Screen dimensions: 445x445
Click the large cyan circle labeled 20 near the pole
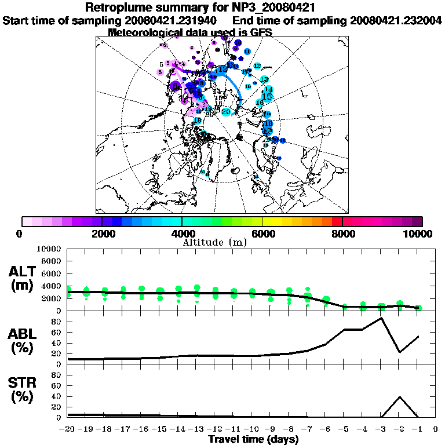227,111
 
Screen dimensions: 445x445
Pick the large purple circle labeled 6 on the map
176,85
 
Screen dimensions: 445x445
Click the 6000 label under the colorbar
262,234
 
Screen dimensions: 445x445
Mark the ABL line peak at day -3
381,318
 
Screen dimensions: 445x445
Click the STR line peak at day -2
400,397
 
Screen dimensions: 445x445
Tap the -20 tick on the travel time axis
68,429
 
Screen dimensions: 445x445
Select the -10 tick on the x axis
251,429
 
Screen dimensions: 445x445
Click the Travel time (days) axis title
253,440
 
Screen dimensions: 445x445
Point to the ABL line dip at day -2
400,352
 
